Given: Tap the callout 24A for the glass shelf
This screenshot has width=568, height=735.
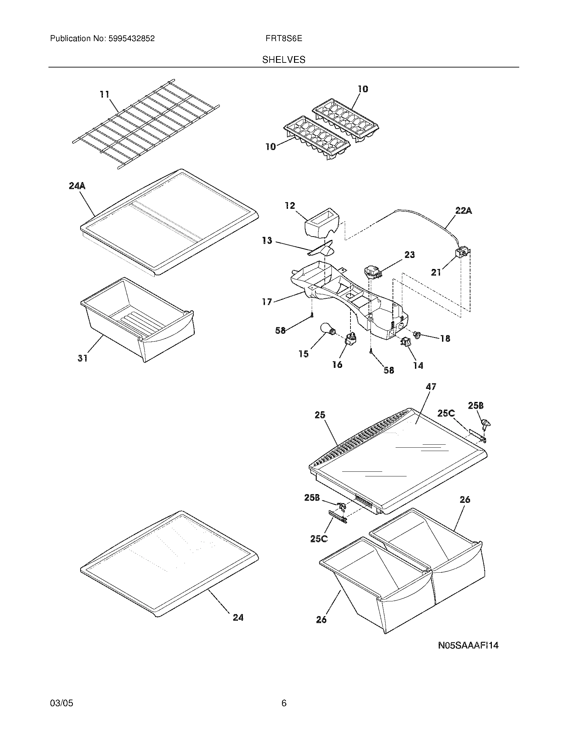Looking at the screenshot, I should click(77, 186).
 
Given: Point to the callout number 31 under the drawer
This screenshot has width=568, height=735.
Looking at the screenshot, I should click(83, 358).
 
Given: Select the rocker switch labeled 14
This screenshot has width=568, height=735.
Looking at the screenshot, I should click(404, 342).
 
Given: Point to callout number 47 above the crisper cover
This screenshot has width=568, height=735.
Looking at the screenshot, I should click(431, 387).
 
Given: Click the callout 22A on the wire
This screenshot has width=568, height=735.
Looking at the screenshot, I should click(463, 211).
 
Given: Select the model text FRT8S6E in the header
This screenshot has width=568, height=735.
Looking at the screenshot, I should click(284, 38).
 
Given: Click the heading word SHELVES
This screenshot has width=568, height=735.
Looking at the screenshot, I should click(284, 60).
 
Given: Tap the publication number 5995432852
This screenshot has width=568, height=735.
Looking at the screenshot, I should click(131, 38).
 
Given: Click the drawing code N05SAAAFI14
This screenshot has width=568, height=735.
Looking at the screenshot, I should click(468, 645).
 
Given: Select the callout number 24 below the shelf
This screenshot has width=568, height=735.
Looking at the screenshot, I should click(238, 617).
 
